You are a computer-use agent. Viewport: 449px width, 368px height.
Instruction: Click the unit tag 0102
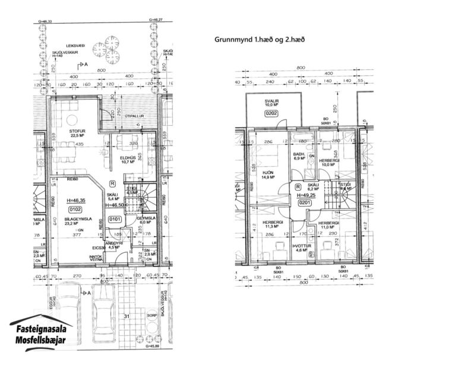pyautogui.click(x=75, y=210)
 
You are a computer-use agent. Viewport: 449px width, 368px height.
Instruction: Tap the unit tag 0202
pyautogui.click(x=272, y=113)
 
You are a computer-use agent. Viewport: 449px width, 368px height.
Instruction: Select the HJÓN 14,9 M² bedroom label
pyautogui.click(x=267, y=174)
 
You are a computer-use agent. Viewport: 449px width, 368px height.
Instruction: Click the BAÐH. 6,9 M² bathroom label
pyautogui.click(x=299, y=158)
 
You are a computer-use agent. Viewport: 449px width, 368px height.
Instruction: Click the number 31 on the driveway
pyautogui.click(x=126, y=316)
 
